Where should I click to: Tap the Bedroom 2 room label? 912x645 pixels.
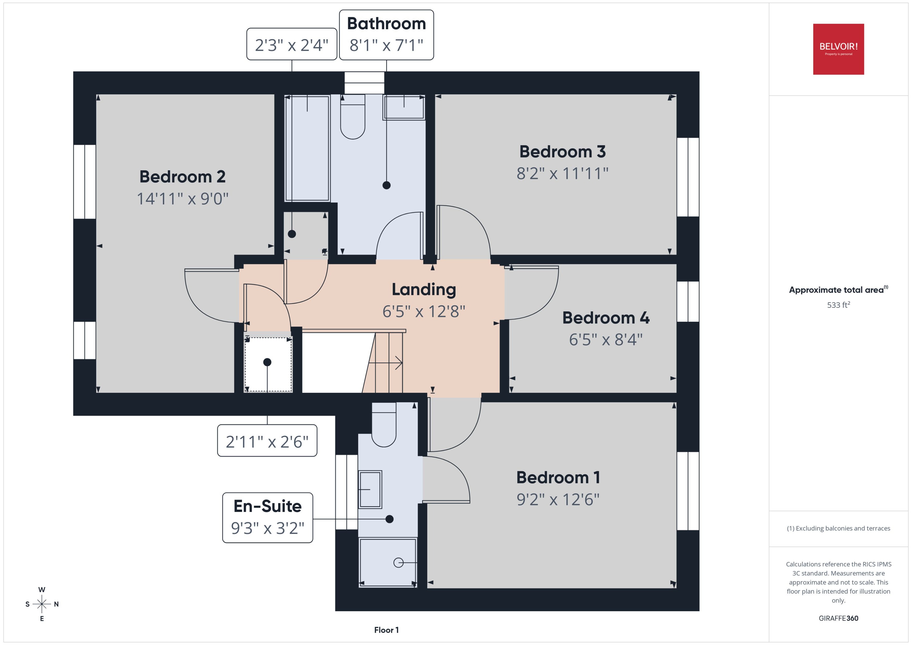pos(182,177)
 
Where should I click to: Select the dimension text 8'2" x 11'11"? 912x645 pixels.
pos(562,174)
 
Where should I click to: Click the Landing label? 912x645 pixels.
pos(424,290)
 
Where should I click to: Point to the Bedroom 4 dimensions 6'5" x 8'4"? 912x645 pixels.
pos(605,340)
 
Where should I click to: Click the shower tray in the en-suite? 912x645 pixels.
pos(387,562)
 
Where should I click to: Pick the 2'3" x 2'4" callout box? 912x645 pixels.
pos(292,45)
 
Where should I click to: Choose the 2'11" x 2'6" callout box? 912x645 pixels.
pos(267,441)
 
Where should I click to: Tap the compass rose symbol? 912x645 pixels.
pos(42,604)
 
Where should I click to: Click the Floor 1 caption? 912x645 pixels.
pos(386,630)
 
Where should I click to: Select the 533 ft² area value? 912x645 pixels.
pos(838,305)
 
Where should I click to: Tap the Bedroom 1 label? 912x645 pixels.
pos(558,477)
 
